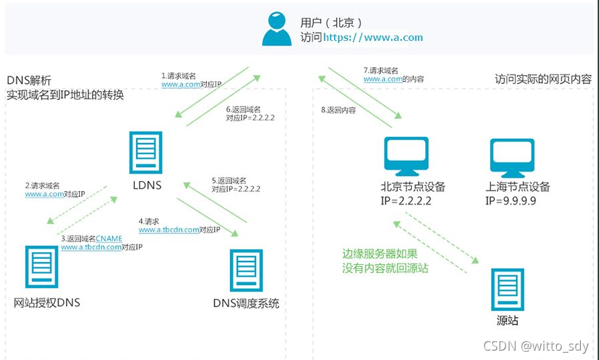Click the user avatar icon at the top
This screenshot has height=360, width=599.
[x=276, y=28]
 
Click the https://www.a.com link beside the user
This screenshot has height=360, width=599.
[x=373, y=38]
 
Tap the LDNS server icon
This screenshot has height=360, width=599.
[x=147, y=154]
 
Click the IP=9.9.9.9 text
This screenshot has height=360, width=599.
[x=511, y=200]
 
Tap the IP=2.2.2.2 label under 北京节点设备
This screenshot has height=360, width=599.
[x=406, y=200]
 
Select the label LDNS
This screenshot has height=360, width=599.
[x=146, y=185]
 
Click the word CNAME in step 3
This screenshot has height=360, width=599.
[x=109, y=239]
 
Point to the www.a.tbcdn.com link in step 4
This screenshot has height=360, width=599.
[x=168, y=230]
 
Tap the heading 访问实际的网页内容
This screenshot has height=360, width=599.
[x=543, y=79]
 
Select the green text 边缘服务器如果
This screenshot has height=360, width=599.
[x=380, y=254]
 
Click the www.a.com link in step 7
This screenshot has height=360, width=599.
[x=382, y=79]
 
